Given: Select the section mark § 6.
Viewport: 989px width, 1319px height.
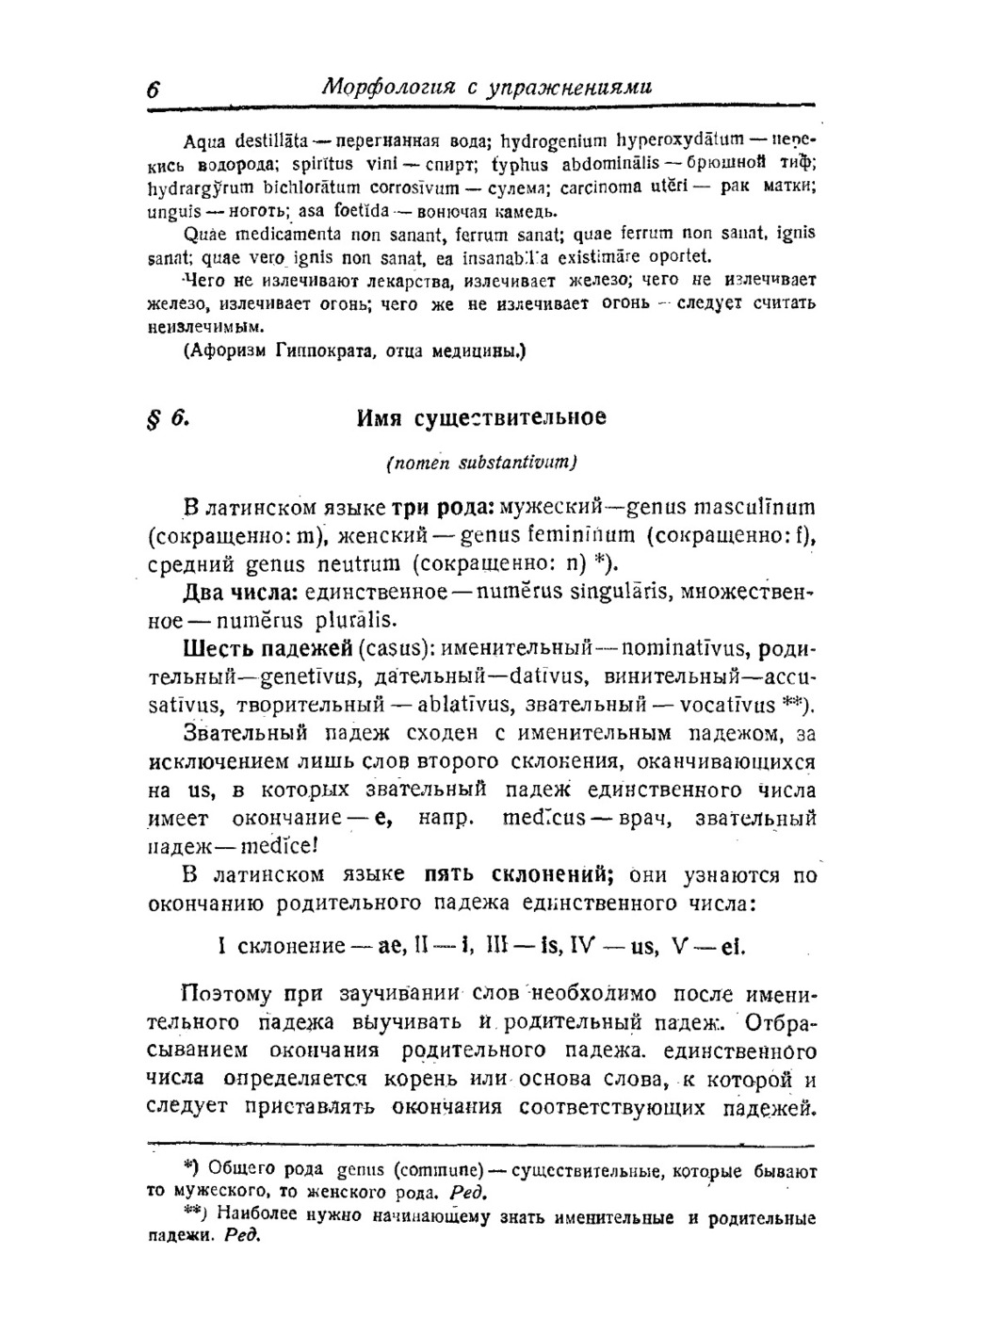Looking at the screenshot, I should pyautogui.click(x=170, y=417).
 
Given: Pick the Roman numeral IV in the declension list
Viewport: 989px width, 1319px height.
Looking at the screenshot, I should pyautogui.click(x=586, y=946).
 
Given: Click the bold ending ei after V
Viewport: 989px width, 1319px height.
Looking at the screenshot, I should pyautogui.click(x=732, y=946).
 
